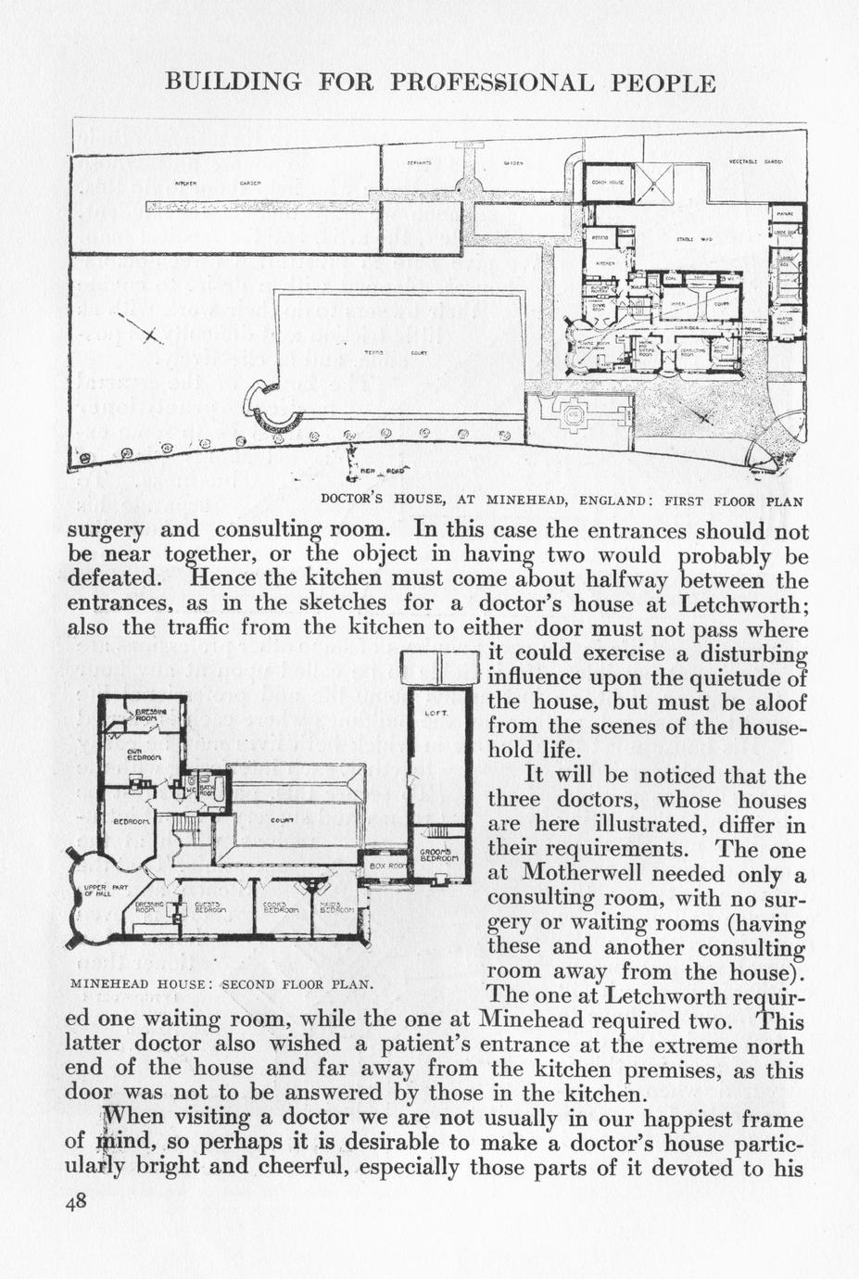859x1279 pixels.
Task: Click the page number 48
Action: point(76,1202)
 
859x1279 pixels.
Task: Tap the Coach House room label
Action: point(606,182)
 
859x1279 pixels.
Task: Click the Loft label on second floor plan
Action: point(436,713)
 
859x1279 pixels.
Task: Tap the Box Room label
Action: point(383,866)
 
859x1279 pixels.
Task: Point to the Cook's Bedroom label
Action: point(278,907)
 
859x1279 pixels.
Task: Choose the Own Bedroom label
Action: point(145,754)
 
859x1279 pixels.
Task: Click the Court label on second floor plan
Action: point(283,820)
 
